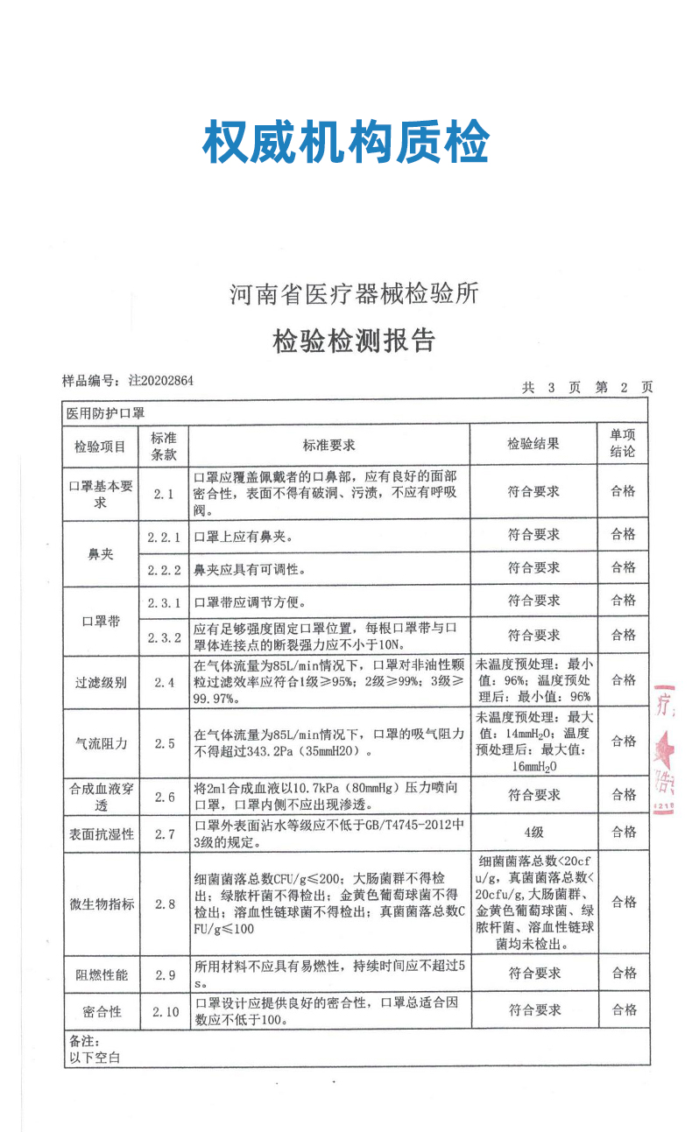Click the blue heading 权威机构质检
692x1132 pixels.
pyautogui.click(x=345, y=143)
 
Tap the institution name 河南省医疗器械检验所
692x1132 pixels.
pyautogui.click(x=354, y=294)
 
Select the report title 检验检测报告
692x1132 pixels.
pyautogui.click(x=354, y=341)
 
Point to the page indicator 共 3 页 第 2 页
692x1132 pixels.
pyautogui.click(x=587, y=387)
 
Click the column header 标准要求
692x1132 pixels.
pyautogui.click(x=328, y=446)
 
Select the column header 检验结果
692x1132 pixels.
pyautogui.click(x=533, y=446)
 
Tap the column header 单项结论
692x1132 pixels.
pyautogui.click(x=623, y=445)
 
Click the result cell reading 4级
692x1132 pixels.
pyautogui.click(x=533, y=833)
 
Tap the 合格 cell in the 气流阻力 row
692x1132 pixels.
pyautogui.click(x=624, y=742)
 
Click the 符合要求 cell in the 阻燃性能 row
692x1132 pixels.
pyautogui.click(x=534, y=974)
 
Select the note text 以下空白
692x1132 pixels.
pyautogui.click(x=94, y=1058)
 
